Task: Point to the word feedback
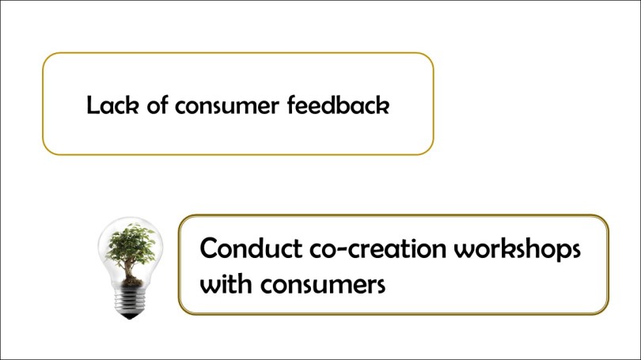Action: [x=340, y=105]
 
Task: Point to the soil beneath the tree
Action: [x=132, y=279]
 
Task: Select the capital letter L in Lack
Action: [x=93, y=105]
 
